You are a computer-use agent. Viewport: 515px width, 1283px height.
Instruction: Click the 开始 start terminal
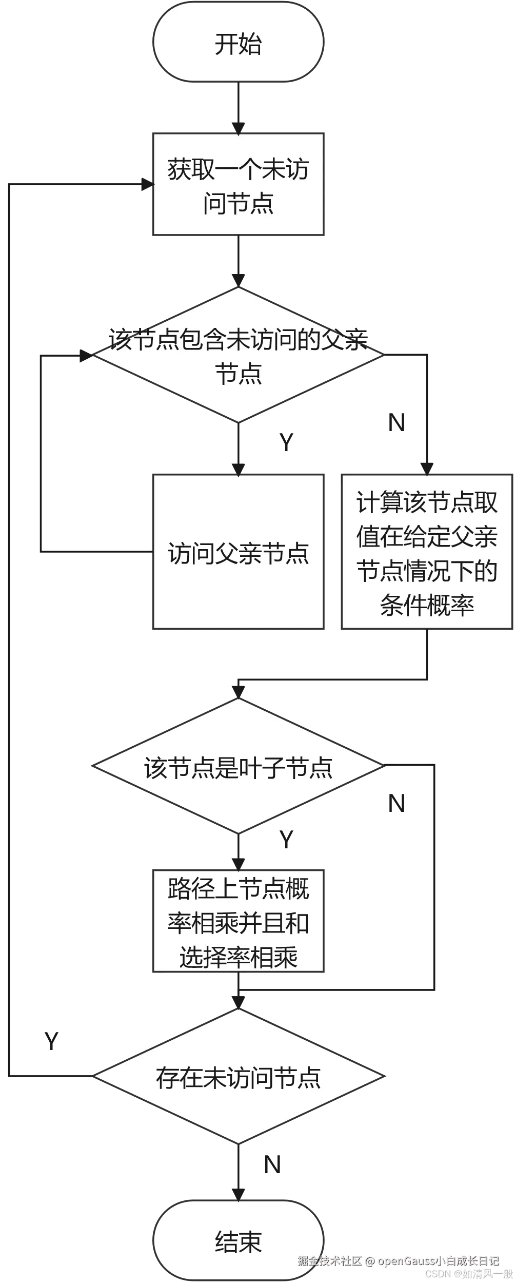[x=238, y=43]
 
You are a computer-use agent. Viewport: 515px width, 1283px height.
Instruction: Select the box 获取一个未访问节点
[x=238, y=184]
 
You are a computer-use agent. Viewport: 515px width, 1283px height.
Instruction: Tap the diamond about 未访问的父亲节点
[x=238, y=355]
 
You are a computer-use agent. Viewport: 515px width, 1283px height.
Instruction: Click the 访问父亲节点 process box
[x=238, y=552]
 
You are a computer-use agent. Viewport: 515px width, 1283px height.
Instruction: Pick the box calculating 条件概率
[x=427, y=552]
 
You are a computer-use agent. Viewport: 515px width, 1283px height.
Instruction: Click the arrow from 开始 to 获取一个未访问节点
[x=238, y=108]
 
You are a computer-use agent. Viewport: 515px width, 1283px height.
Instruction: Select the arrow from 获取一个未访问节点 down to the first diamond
[x=238, y=262]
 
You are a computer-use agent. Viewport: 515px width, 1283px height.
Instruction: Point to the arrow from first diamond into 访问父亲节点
[x=238, y=449]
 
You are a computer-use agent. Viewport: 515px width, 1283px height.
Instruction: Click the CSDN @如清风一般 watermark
[x=468, y=1274]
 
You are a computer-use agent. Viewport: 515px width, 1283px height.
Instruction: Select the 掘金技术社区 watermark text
[x=330, y=1260]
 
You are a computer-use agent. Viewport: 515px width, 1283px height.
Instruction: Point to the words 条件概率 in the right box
[x=427, y=606]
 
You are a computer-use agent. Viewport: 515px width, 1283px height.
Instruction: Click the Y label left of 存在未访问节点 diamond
[x=51, y=1039]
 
